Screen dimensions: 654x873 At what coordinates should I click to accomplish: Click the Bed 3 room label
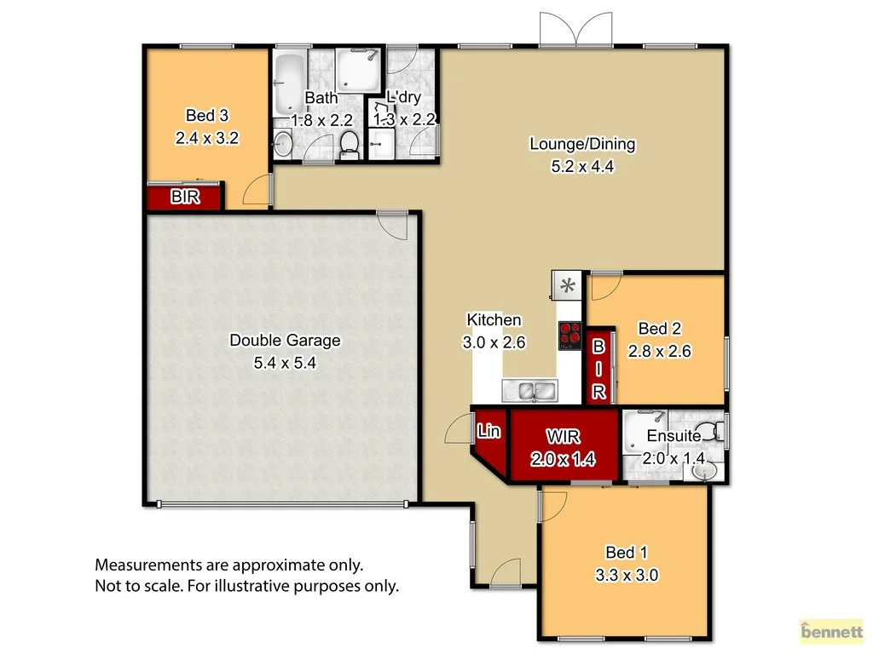click(207, 115)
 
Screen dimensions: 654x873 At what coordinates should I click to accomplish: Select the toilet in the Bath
click(348, 145)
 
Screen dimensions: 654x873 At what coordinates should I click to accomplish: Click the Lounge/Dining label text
click(582, 144)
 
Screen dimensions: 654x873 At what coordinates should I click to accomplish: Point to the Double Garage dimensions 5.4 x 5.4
click(285, 363)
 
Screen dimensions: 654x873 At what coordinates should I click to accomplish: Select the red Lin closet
click(489, 432)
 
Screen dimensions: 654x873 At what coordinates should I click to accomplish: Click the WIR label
click(564, 437)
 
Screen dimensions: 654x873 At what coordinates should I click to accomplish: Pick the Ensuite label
click(674, 436)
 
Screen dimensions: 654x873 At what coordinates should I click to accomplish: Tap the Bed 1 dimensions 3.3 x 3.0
click(626, 575)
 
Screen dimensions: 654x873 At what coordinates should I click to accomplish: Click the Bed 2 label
click(659, 329)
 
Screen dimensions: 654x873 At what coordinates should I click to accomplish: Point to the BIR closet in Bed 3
click(185, 198)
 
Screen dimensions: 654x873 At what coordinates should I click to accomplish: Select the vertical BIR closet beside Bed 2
click(599, 369)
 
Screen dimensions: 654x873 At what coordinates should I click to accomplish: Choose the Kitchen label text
click(494, 320)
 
